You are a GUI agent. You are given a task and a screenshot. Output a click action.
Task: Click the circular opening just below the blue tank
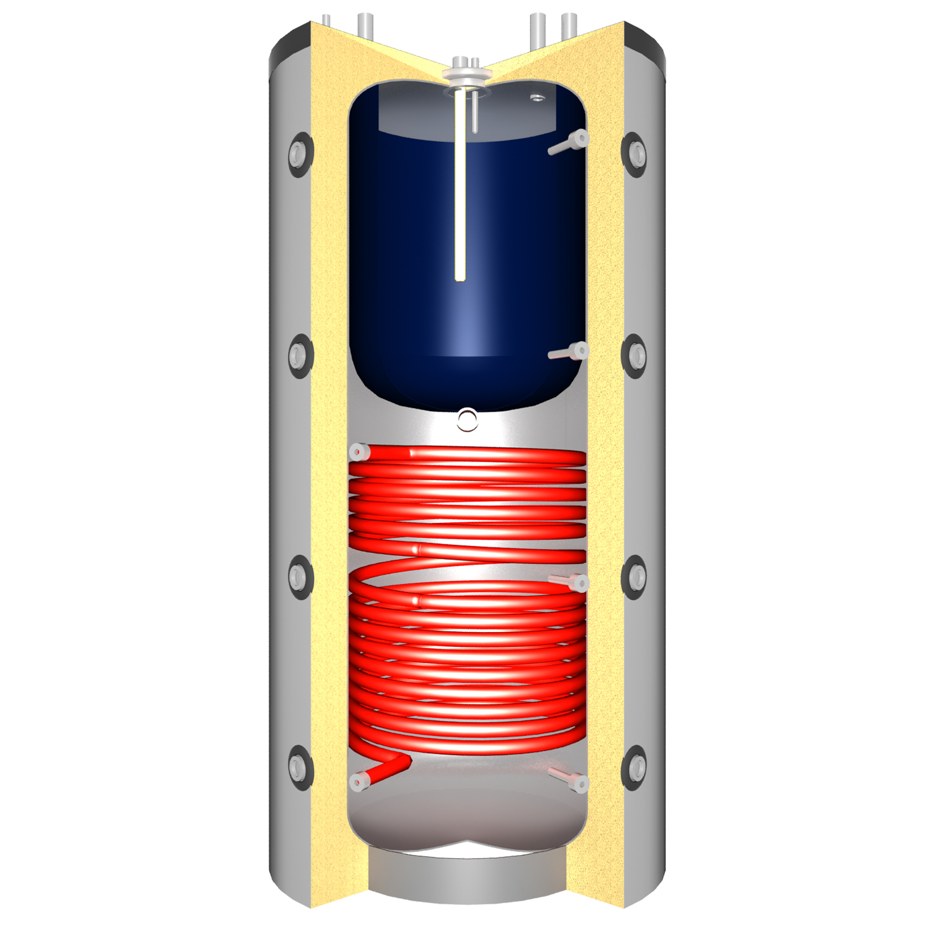(x=467, y=420)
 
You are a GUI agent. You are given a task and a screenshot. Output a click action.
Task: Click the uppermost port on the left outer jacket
(x=299, y=152)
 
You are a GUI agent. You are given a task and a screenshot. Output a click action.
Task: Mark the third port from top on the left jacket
(x=299, y=576)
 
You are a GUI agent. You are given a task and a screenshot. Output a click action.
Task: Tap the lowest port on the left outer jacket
(x=299, y=767)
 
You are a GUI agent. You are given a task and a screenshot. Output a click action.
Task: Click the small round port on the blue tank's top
(x=537, y=98)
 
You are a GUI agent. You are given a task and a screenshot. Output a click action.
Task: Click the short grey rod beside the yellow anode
(x=475, y=112)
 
